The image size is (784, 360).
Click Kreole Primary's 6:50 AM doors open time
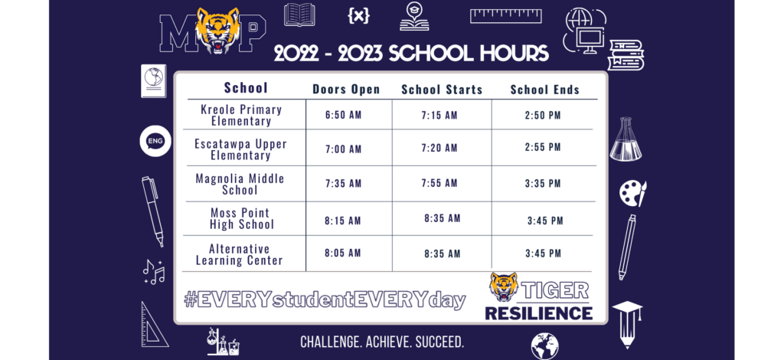343,115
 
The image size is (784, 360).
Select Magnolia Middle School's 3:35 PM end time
543,184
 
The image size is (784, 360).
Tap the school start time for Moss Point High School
443,218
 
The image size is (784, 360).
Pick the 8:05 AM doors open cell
342,253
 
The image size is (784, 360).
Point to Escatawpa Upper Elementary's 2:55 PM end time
543,147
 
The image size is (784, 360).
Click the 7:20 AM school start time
439,148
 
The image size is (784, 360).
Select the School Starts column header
442,90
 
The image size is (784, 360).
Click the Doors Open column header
347,90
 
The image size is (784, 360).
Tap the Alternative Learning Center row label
240,254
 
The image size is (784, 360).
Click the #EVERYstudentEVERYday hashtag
325,300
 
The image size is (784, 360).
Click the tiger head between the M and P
217,30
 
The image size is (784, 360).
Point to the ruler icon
506,16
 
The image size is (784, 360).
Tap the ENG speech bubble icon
155,141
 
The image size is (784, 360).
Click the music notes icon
153,272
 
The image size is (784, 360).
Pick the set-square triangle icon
153,325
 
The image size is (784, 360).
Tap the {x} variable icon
358,15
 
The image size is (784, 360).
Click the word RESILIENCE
539,313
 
